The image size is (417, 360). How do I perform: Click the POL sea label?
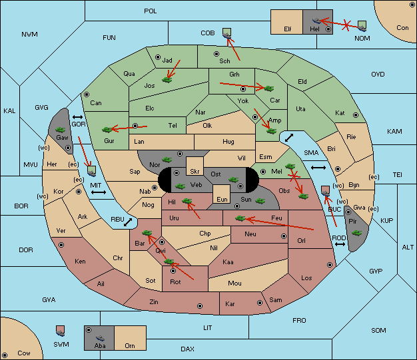151,11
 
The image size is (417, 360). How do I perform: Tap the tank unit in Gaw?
61,130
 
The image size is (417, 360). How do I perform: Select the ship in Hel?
316,21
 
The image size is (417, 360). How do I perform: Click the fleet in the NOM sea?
362,26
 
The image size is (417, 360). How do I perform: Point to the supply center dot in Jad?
158,57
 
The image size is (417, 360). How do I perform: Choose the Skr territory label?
195,172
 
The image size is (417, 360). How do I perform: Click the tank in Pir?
356,233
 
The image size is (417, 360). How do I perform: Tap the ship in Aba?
100,338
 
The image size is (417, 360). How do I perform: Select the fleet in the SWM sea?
61,331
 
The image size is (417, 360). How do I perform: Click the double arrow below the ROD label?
340,244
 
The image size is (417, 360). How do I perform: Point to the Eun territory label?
222,199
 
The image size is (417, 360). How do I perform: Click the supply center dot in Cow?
5,355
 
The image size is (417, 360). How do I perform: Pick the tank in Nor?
167,160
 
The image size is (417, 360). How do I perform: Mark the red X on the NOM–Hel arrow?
346,25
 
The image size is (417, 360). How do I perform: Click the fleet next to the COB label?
227,33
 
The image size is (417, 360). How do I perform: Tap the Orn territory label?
130,345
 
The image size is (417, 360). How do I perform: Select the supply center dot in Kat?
356,115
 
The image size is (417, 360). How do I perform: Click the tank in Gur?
107,130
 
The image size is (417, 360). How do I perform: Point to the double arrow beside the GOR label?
77,117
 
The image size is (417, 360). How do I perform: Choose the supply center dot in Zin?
200,306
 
